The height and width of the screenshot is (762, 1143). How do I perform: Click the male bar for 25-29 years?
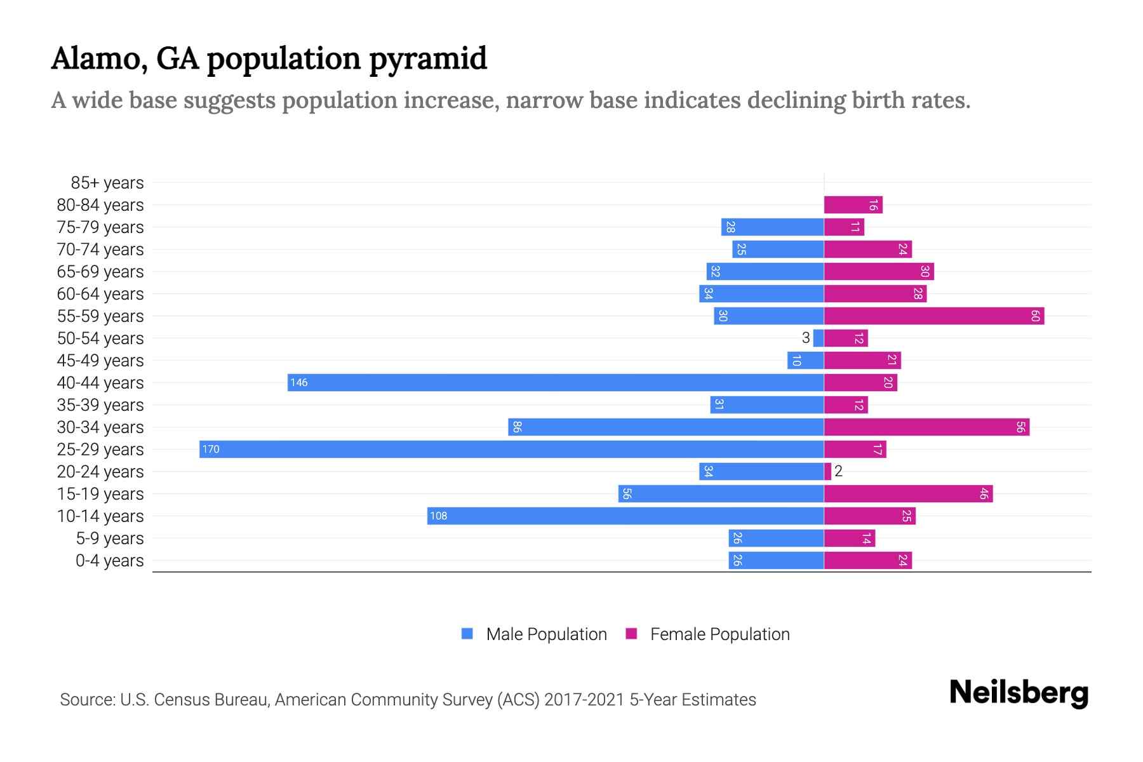tap(511, 450)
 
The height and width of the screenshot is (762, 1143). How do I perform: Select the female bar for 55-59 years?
tap(933, 316)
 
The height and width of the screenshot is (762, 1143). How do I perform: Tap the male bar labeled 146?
tap(556, 383)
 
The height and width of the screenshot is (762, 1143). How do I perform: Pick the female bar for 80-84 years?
tap(853, 205)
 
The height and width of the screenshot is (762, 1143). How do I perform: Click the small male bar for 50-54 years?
tap(819, 338)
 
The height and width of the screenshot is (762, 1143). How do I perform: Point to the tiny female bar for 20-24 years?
tap(827, 472)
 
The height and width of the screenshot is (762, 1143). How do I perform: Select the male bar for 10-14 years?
tap(625, 516)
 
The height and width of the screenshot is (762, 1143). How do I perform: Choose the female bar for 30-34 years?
tap(926, 427)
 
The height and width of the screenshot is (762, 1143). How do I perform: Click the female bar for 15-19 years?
tap(908, 494)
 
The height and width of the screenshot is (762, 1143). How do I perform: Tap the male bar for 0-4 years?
tap(776, 561)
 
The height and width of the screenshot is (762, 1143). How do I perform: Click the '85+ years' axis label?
tap(107, 183)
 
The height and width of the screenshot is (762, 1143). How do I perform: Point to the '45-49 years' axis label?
tap(100, 361)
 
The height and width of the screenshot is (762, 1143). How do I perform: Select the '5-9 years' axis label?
tap(110, 538)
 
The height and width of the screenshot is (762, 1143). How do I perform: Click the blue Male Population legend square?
tap(467, 634)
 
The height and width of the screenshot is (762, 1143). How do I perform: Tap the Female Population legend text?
tap(719, 634)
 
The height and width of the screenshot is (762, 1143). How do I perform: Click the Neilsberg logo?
tap(1019, 693)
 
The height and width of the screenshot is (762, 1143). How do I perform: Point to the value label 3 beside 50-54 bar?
tap(806, 338)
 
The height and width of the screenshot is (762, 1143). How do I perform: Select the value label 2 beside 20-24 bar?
tap(838, 471)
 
